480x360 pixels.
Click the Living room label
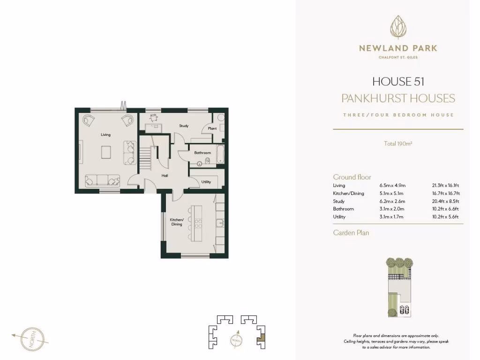pyautogui.click(x=105, y=135)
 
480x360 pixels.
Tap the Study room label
pyautogui.click(x=184, y=126)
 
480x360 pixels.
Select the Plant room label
pyautogui.click(x=212, y=128)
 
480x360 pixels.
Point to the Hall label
pyautogui.click(x=165, y=176)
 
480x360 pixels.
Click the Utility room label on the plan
pyautogui.click(x=206, y=182)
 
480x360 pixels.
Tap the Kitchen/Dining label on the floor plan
pyautogui.click(x=176, y=222)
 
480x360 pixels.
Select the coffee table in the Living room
pyautogui.click(x=106, y=152)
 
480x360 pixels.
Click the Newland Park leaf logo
pyautogui.click(x=398, y=28)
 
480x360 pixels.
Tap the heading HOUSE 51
pyautogui.click(x=398, y=82)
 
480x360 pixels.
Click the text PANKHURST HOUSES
pyautogui.click(x=398, y=98)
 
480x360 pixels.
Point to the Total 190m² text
pyautogui.click(x=398, y=144)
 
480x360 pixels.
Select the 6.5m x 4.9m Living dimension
pyautogui.click(x=392, y=186)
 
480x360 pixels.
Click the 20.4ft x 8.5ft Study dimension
pyautogui.click(x=445, y=201)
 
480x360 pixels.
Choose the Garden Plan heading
pyautogui.click(x=351, y=232)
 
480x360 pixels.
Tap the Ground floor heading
pyautogui.click(x=352, y=177)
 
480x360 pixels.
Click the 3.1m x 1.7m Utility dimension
pyautogui.click(x=392, y=217)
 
